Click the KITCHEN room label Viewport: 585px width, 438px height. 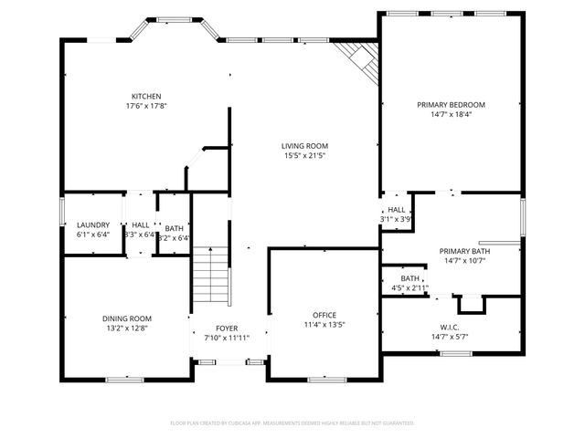pos(146,96)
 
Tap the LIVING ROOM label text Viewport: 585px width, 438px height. pos(304,146)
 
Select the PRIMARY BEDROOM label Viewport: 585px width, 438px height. pos(451,105)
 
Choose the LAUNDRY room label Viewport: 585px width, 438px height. pos(93,224)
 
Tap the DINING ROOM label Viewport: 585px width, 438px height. pos(126,318)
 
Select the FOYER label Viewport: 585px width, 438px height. pos(227,328)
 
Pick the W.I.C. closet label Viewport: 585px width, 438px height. pos(451,327)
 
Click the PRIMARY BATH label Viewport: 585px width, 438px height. pos(464,251)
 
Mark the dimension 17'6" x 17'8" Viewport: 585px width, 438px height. pos(146,106)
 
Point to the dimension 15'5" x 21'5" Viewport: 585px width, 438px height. pos(304,156)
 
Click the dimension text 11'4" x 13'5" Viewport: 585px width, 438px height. pos(324,324)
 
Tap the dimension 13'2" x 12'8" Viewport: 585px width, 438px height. pos(126,328)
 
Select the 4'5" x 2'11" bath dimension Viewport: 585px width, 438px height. pos(410,288)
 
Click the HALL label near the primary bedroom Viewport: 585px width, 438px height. pos(397,210)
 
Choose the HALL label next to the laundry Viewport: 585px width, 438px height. pos(140,224)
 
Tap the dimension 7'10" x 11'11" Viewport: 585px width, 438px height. pos(227,338)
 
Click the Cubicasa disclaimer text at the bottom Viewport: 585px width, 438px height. pos(292,422)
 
